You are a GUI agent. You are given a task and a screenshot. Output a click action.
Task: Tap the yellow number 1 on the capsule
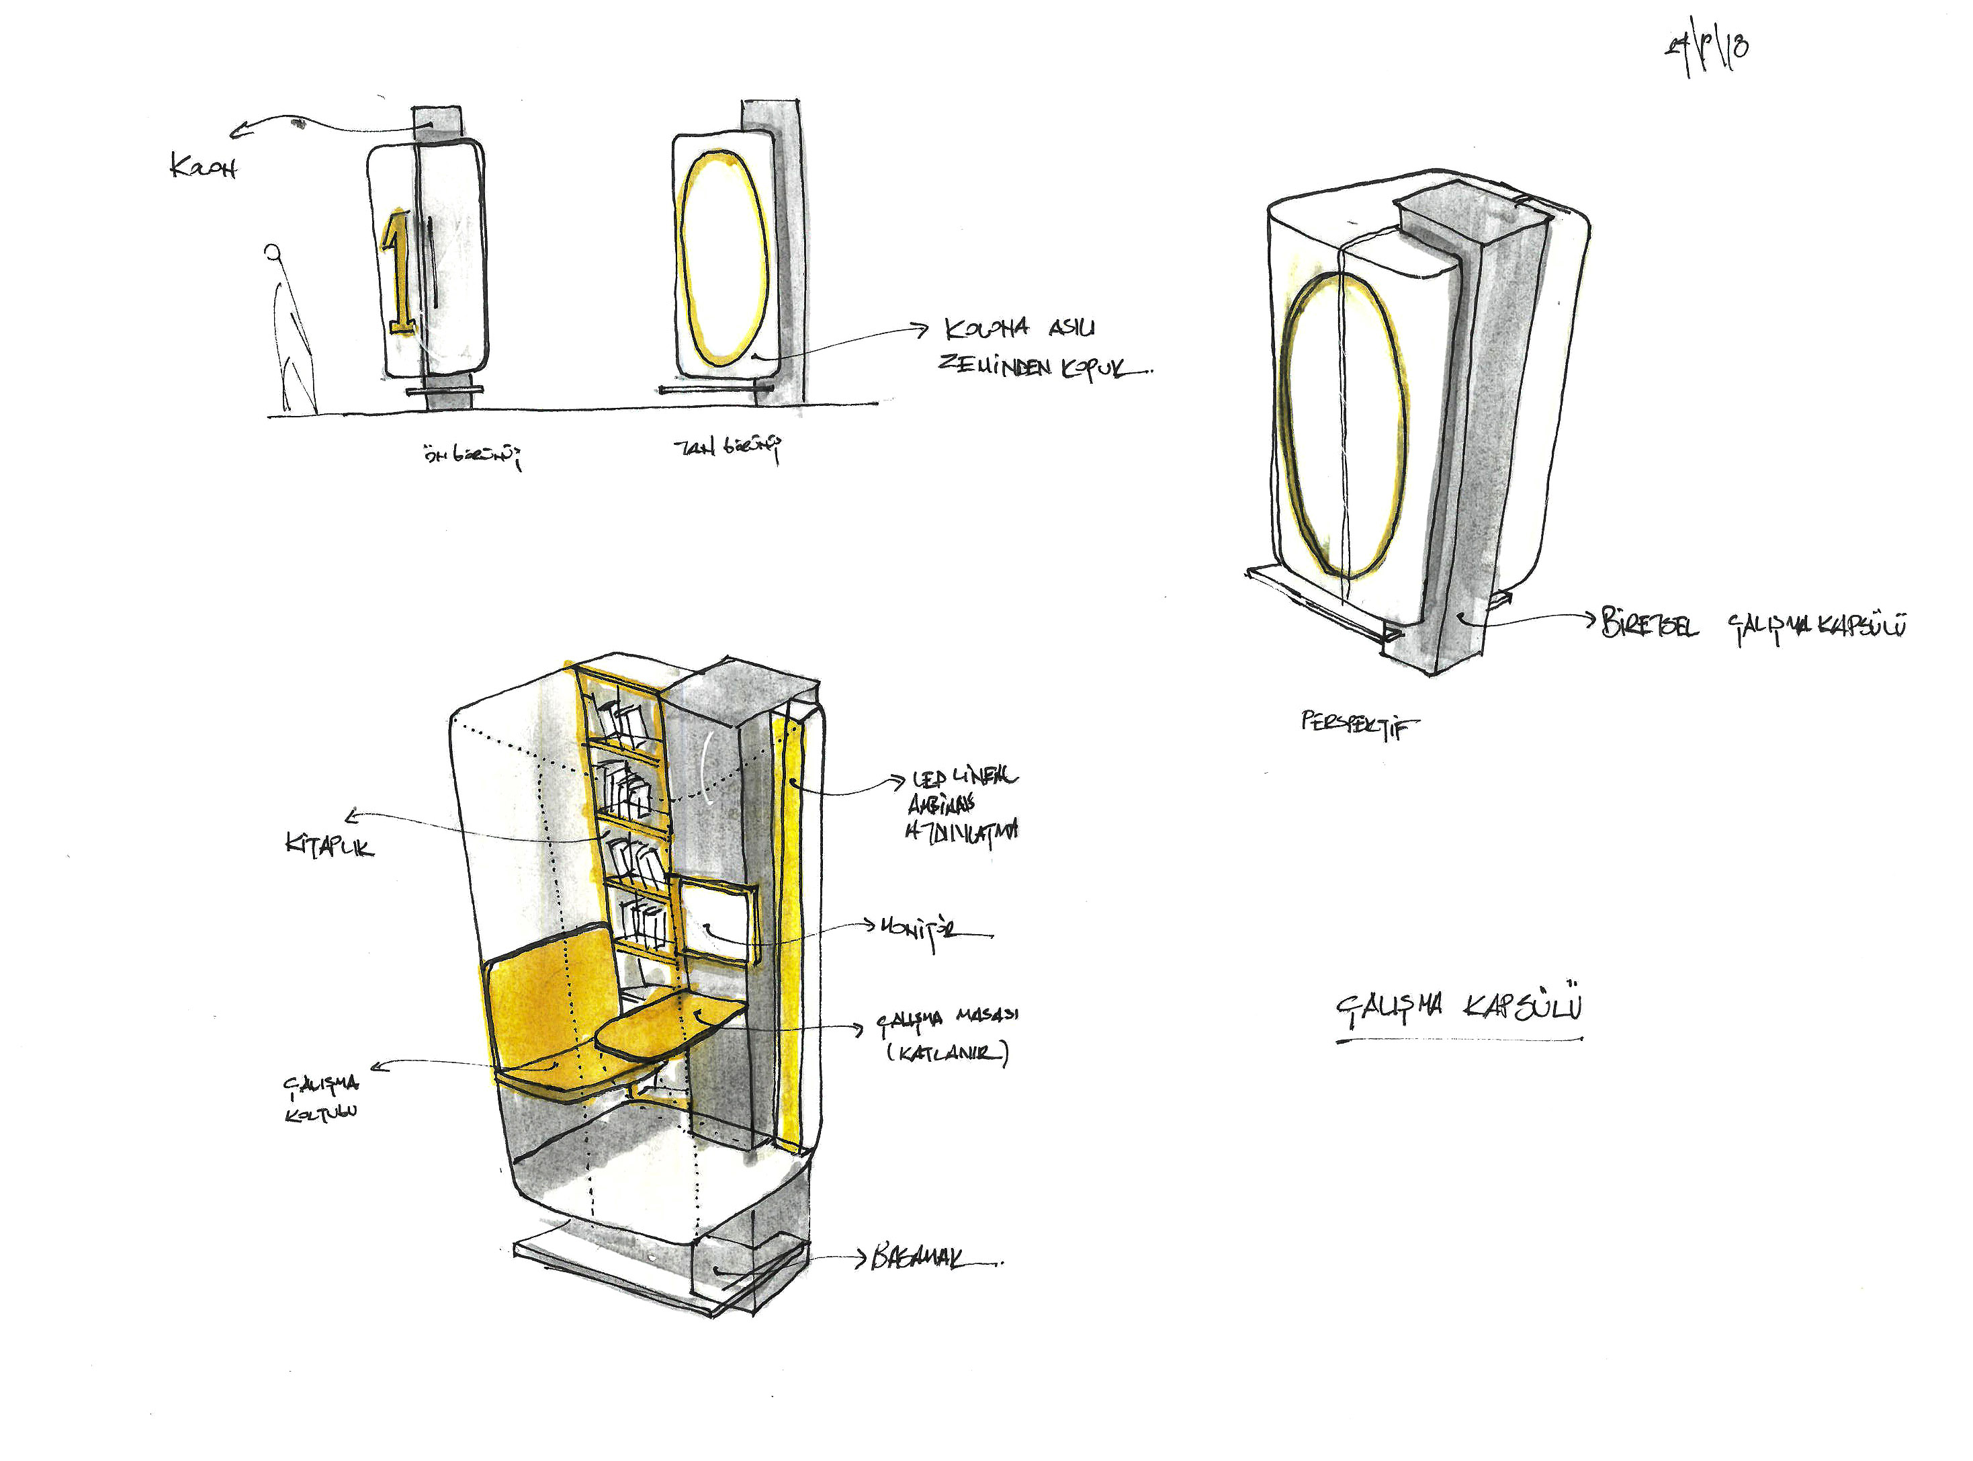[398, 272]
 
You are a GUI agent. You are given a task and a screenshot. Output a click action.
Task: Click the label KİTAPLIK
[329, 845]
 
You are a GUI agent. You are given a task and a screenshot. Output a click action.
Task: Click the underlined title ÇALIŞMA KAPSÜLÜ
[1459, 1007]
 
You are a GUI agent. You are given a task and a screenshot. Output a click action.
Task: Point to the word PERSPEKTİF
[1358, 724]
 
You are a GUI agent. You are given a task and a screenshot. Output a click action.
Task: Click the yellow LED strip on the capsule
[789, 929]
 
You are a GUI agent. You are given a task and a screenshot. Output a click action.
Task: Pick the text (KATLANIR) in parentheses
[947, 1053]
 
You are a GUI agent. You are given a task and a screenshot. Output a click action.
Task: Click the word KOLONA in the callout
[986, 329]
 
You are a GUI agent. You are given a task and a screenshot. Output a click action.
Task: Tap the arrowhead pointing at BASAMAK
[859, 1257]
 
